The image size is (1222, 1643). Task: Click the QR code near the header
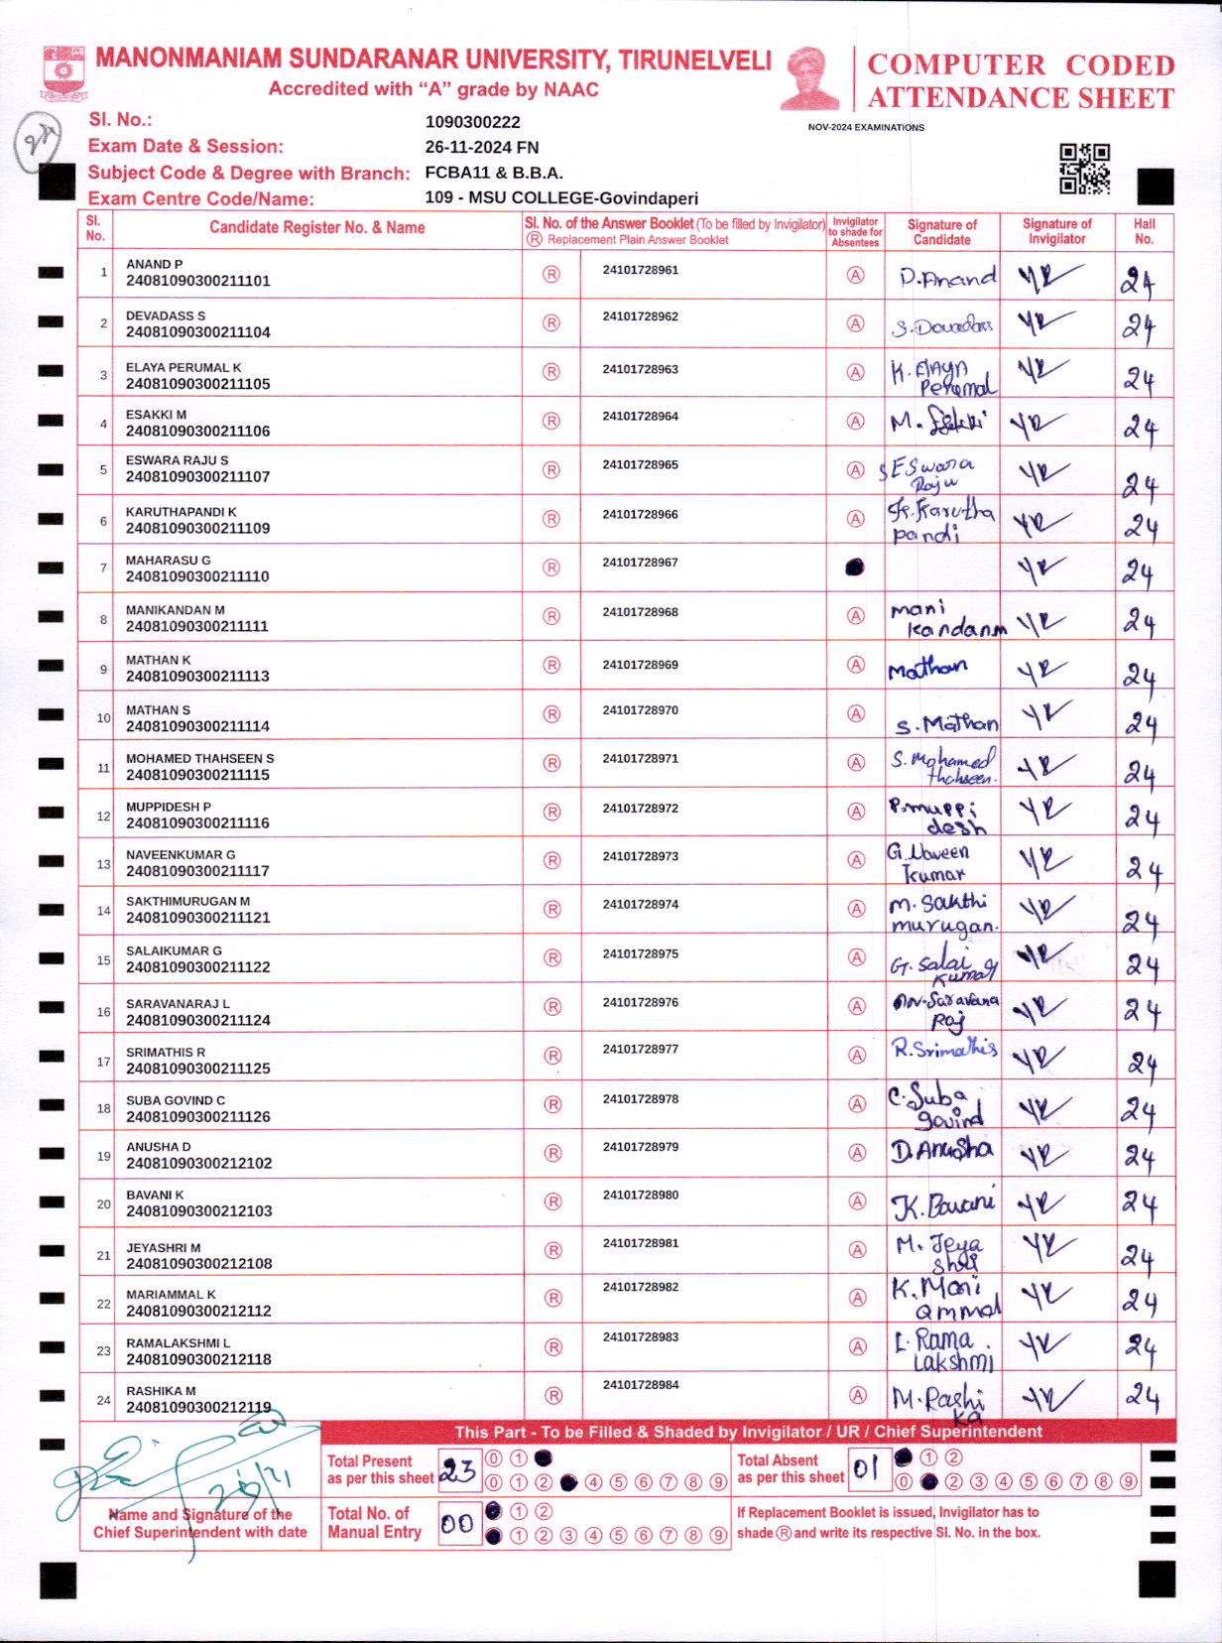pos(1084,168)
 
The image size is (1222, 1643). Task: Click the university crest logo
pos(63,72)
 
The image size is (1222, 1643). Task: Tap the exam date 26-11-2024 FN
pos(482,147)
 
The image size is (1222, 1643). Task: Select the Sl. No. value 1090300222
pos(472,122)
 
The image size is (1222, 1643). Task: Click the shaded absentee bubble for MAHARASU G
pos(854,568)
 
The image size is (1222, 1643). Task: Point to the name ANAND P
pos(154,264)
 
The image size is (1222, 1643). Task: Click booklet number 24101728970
pos(640,710)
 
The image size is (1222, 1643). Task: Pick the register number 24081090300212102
pos(198,1163)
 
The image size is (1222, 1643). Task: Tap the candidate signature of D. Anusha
pos(940,1151)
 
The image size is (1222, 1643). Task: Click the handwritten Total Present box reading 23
pos(458,1469)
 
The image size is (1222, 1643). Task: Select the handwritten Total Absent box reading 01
pos(867,1468)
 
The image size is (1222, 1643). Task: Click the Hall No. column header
pos(1144,231)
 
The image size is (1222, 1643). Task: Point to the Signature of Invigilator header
pos(1056,231)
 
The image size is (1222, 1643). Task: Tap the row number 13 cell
pos(102,864)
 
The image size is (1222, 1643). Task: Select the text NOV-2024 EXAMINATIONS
pos(865,127)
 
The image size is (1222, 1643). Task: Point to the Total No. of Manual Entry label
pos(375,1522)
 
